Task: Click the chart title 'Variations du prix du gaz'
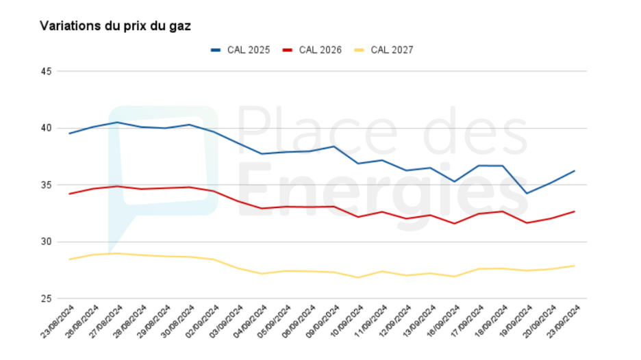(115, 26)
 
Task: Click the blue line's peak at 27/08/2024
(117, 123)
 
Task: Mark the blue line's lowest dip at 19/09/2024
(526, 193)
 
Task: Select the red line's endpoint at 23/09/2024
(574, 211)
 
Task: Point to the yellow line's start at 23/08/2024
(69, 259)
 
